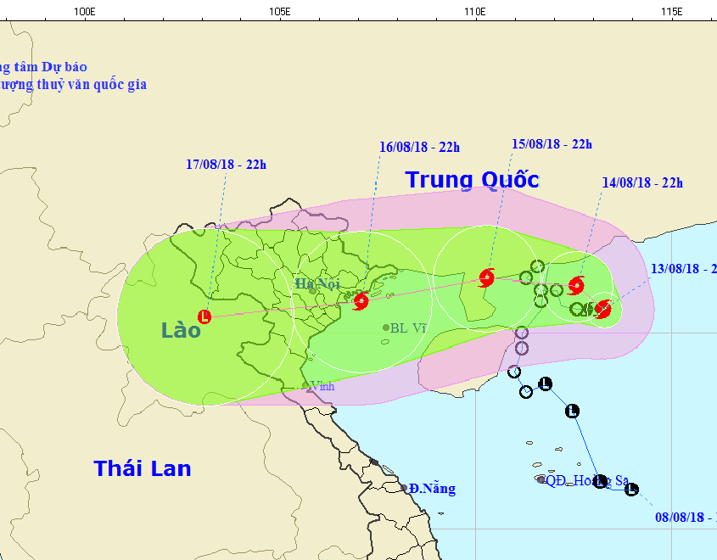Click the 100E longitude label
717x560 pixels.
coord(83,11)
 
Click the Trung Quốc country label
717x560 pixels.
coord(472,180)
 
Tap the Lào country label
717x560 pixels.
coord(181,330)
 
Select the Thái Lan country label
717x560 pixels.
coord(143,468)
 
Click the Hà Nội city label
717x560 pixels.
coord(317,283)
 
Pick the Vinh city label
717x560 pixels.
coord(322,386)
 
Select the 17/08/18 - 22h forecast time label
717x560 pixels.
coord(227,165)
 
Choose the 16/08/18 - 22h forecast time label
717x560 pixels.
coord(419,148)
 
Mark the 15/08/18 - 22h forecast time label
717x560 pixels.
coord(552,144)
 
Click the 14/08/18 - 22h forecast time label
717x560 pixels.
coord(642,182)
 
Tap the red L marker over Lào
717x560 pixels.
coord(204,316)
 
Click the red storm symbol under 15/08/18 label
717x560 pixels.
coord(486,277)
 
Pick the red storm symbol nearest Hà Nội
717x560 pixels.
coord(361,300)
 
